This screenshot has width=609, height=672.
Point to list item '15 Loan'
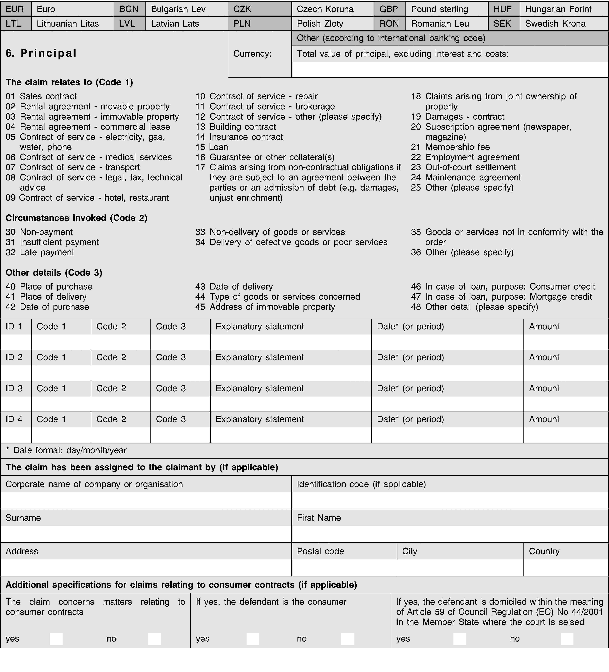(212, 147)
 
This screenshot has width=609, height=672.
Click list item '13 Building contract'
(236, 127)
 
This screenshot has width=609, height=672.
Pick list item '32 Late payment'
(40, 252)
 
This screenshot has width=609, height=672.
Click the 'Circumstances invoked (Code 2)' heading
(76, 218)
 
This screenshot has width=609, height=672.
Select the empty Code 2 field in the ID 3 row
(121, 404)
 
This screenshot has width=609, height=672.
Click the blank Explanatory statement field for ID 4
(291, 435)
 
